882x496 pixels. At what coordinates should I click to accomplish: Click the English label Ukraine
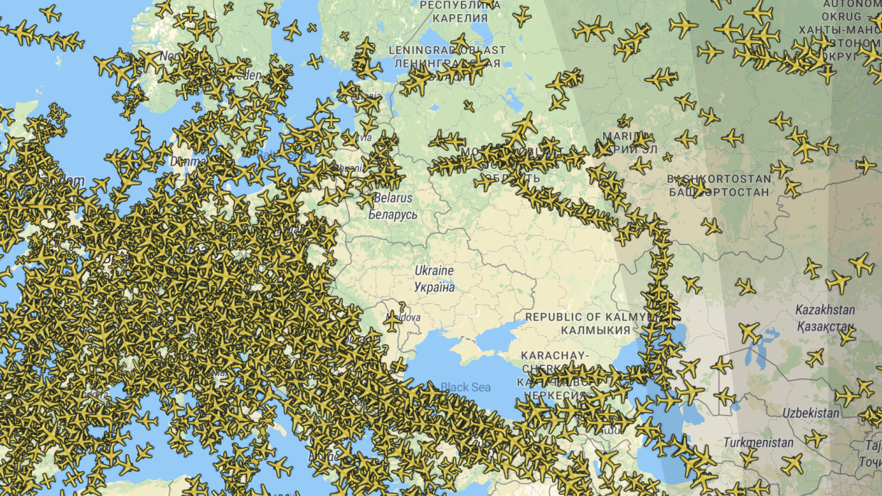434,271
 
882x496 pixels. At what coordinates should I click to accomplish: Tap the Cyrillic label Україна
434,287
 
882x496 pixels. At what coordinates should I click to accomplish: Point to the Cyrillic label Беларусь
393,214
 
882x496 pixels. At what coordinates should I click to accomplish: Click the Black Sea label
465,387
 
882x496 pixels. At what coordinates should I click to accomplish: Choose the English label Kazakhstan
825,311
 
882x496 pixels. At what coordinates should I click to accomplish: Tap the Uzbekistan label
810,413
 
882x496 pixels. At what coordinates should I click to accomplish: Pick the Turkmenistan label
758,442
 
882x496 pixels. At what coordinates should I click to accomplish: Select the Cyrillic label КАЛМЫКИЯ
595,330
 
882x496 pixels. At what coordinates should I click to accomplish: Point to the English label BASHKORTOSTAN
718,179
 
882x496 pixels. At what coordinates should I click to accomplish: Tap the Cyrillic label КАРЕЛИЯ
460,18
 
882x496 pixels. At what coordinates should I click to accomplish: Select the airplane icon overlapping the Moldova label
393,321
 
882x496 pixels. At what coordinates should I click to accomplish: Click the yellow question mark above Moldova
402,307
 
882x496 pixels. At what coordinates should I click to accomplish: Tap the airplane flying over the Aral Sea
748,332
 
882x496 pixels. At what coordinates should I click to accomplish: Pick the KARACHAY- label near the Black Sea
555,355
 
